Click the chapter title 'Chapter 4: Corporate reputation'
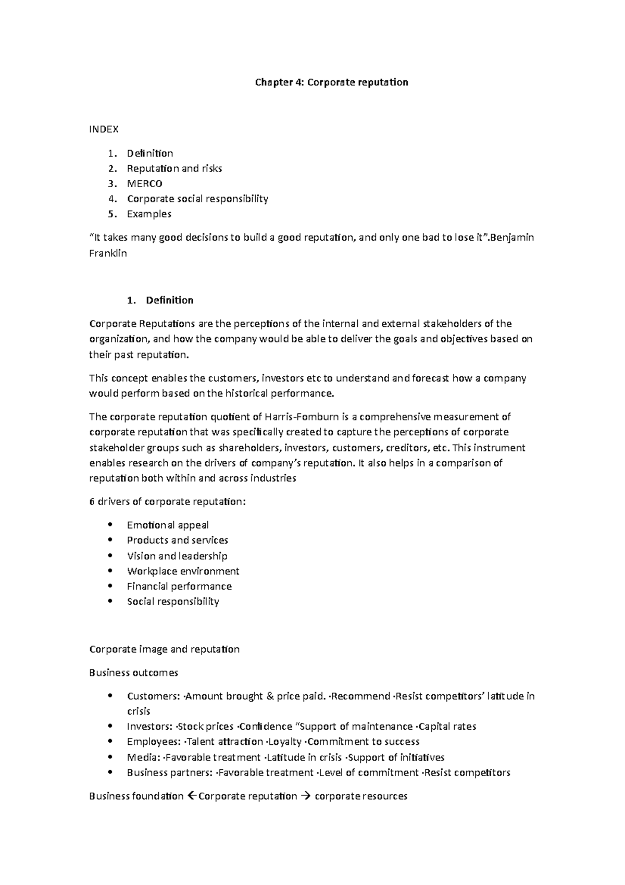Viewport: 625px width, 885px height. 331,82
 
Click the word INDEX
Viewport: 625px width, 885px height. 104,129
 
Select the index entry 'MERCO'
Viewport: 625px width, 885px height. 144,183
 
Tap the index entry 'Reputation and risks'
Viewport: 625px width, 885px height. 174,168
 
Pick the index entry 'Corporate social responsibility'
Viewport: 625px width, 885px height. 197,199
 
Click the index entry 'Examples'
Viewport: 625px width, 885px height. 149,214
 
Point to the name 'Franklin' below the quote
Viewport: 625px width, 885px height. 108,254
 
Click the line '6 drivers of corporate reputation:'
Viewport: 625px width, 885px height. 167,502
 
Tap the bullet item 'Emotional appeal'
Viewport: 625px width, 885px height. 168,525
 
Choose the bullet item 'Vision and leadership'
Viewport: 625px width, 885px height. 177,556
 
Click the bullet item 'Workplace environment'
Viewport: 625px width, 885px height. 183,571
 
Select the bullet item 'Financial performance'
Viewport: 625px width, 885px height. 179,586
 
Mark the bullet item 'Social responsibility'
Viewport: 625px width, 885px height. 173,601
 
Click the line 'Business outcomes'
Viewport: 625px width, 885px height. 133,673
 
